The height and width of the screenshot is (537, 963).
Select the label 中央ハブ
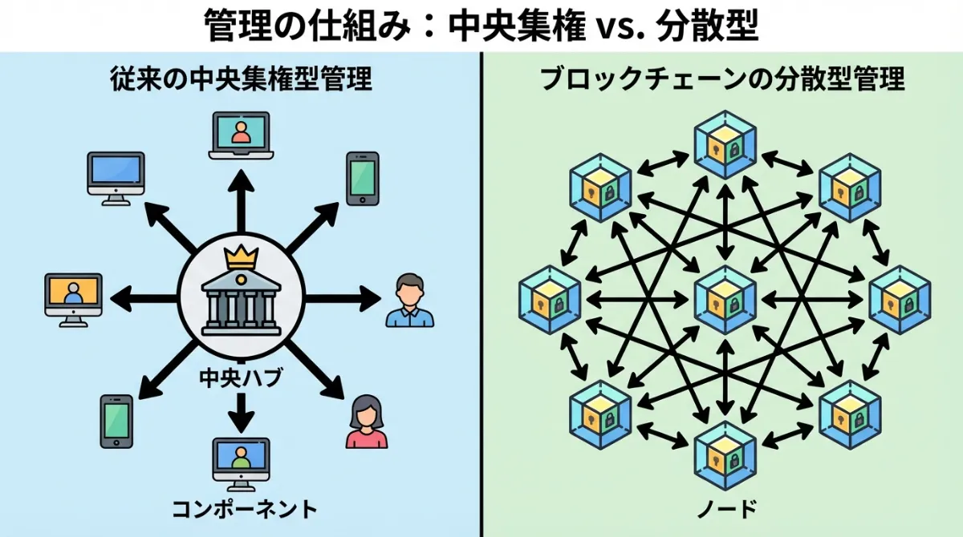coord(241,378)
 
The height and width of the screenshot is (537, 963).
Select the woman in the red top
coord(367,422)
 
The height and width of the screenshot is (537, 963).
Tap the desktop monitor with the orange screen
coord(74,299)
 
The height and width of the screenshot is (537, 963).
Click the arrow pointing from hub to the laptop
coord(241,204)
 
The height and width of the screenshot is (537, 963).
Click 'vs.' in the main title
coord(615,26)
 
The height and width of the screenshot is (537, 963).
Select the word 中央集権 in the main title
coord(514,26)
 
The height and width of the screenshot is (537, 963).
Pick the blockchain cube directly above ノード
coord(725,455)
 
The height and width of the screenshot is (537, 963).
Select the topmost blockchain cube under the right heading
coord(725,144)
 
